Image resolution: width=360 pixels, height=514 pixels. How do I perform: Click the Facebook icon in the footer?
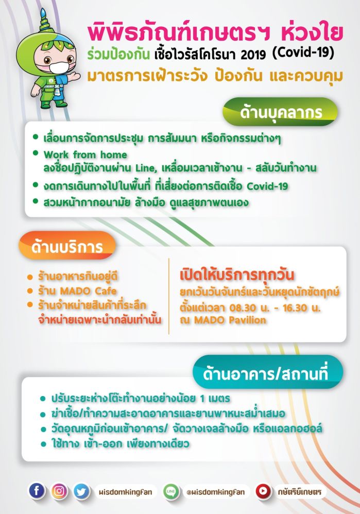click(x=37, y=491)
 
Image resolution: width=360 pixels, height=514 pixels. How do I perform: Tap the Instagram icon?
click(x=59, y=491)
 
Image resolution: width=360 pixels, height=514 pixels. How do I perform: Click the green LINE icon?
click(x=171, y=492)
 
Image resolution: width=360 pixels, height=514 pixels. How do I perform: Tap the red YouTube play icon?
click(x=263, y=492)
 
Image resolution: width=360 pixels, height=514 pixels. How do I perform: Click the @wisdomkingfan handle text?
click(x=215, y=492)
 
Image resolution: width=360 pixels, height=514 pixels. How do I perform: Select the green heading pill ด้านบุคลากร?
click(x=280, y=112)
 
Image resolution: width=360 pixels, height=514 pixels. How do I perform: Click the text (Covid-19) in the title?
click(x=303, y=53)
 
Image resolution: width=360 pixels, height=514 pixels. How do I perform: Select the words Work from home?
click(x=85, y=155)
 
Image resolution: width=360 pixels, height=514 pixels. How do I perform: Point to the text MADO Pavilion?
click(x=230, y=320)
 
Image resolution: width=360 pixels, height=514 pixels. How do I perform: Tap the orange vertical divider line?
click(x=169, y=296)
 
